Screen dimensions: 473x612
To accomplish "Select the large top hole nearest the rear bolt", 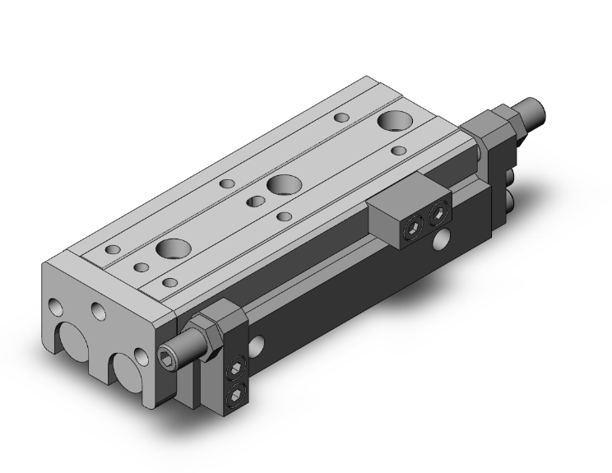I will coord(395,122).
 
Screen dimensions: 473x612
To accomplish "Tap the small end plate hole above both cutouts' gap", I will coord(100,312).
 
